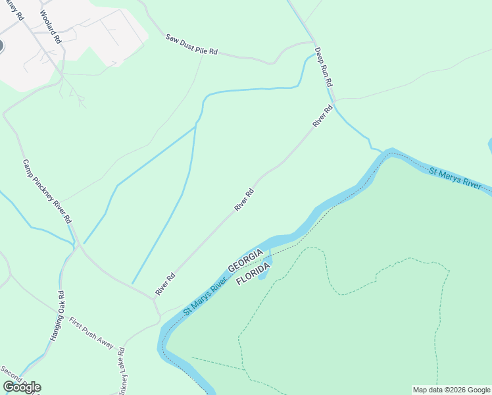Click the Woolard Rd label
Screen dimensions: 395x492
click(50, 27)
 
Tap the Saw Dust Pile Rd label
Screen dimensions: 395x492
click(191, 45)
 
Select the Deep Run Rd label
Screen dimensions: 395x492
click(324, 68)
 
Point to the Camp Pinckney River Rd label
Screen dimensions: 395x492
click(47, 192)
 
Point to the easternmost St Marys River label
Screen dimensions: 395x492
click(455, 178)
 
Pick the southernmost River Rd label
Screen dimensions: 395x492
click(165, 283)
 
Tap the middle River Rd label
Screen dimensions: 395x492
click(244, 201)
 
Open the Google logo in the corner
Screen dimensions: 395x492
click(22, 387)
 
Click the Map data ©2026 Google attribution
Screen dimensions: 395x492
click(451, 390)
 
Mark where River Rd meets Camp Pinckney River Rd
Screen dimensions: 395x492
click(154, 300)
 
